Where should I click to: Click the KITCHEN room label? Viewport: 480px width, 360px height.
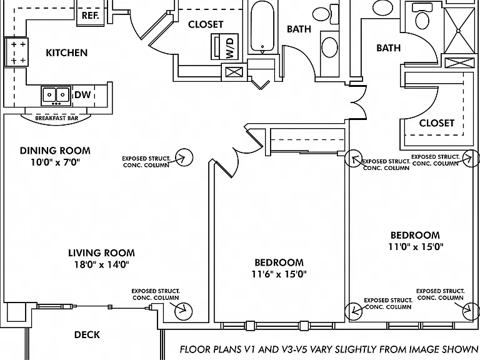(x=66, y=52)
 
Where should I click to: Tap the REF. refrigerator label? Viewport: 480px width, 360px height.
(x=90, y=16)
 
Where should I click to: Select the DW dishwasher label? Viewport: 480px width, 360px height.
(x=82, y=95)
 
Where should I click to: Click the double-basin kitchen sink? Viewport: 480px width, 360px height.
(x=56, y=96)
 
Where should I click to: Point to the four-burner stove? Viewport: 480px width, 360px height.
(x=16, y=52)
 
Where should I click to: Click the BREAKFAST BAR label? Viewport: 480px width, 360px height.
(x=57, y=118)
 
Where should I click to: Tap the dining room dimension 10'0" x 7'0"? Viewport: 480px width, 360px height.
(x=55, y=162)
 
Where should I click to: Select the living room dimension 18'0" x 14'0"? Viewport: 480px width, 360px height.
(x=102, y=264)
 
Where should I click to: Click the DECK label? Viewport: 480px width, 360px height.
(x=87, y=334)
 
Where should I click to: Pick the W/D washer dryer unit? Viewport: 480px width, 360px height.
(x=225, y=46)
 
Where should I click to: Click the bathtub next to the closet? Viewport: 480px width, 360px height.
(x=262, y=27)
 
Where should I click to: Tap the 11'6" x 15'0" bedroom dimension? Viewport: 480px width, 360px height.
(x=279, y=274)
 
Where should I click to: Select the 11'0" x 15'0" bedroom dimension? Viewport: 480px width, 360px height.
(x=416, y=246)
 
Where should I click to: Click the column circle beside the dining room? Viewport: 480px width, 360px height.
(x=184, y=157)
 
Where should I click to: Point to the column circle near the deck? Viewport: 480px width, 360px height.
(x=183, y=311)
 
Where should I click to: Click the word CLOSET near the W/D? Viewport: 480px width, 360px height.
(x=206, y=24)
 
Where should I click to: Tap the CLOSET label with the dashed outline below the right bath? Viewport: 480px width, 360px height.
(x=436, y=123)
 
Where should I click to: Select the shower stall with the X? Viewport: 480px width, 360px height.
(x=458, y=31)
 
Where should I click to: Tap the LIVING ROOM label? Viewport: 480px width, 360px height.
(x=101, y=253)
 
